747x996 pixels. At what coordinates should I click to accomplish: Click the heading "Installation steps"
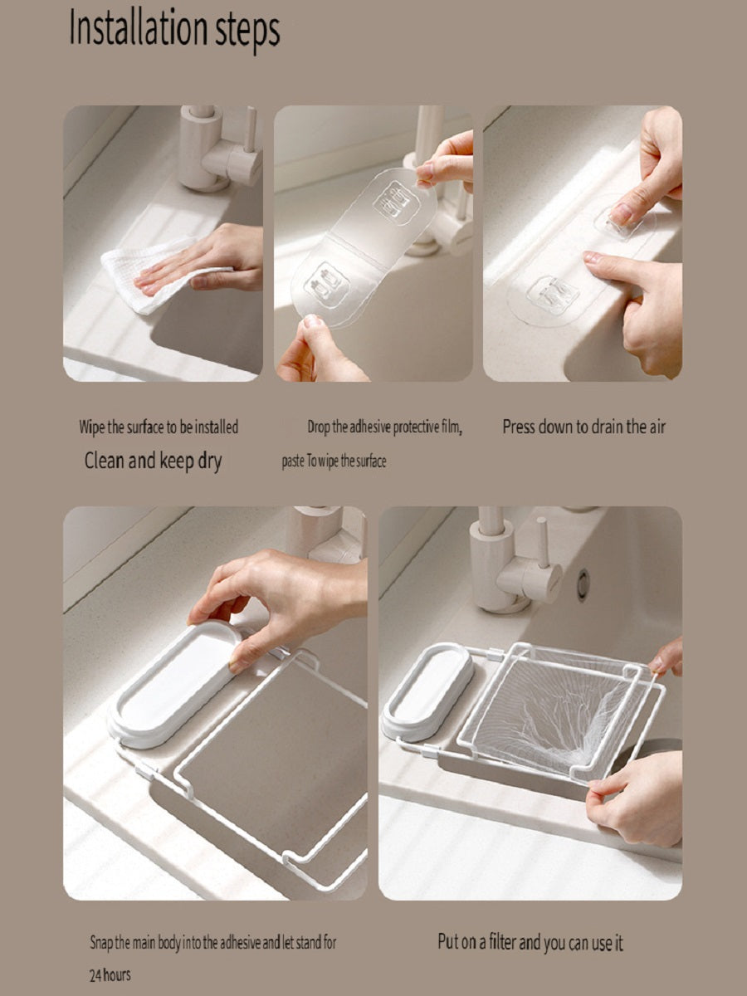click(174, 30)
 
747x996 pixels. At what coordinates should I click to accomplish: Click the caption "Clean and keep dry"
click(153, 461)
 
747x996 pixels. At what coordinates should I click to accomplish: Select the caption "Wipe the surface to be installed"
click(159, 427)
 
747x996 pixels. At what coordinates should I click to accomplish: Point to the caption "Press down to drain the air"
click(583, 427)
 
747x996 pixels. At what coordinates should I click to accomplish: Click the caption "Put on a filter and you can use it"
click(530, 942)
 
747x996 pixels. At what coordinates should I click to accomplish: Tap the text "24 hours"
click(110, 974)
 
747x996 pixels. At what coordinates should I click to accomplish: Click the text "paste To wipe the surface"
click(334, 461)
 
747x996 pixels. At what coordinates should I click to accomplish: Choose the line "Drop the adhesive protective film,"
click(384, 427)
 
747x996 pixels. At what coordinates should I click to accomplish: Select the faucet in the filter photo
click(506, 564)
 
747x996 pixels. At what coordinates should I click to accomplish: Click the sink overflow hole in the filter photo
click(583, 584)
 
